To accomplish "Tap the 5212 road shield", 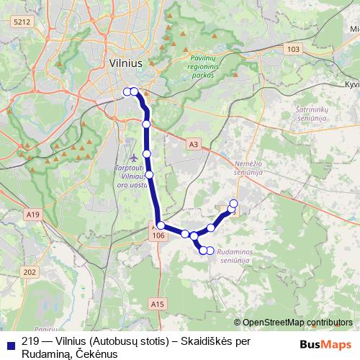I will tap(22, 22).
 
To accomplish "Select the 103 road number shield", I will tap(292, 49).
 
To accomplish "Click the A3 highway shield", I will tap(192, 145).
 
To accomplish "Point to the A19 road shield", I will tap(32, 214).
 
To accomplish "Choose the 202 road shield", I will tap(30, 271).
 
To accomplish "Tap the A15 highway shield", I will tap(158, 305).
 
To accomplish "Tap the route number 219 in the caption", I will tap(30, 342).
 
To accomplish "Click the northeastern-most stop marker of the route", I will tap(233, 203).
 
